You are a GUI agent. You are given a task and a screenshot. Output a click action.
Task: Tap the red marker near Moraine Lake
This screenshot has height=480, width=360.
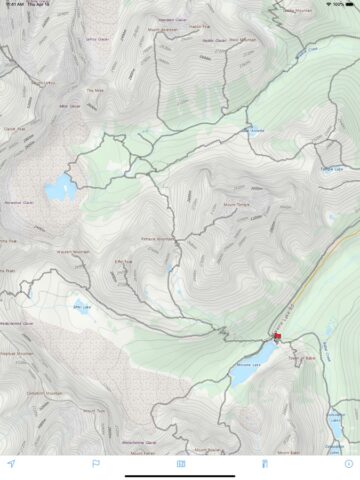coord(277,337)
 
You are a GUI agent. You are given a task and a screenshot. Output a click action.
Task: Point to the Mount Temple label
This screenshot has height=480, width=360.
coord(236,205)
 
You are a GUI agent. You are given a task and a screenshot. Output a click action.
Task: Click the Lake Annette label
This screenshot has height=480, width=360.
coord(255,131)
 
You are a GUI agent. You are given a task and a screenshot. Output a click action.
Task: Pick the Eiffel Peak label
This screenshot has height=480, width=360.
coord(124,262)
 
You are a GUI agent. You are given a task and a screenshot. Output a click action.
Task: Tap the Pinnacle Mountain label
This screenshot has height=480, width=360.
coord(158,239)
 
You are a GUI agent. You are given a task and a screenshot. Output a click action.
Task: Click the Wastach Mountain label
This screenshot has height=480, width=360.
coord(73,251)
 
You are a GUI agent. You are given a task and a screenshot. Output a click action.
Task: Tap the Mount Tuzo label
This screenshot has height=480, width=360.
coord(94,410)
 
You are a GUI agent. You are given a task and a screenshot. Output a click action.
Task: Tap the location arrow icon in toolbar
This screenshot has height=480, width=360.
coord(11,463)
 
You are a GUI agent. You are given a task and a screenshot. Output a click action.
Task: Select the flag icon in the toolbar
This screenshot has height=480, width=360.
coord(96,463)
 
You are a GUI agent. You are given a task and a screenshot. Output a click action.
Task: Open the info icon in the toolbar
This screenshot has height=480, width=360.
coord(348,463)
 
